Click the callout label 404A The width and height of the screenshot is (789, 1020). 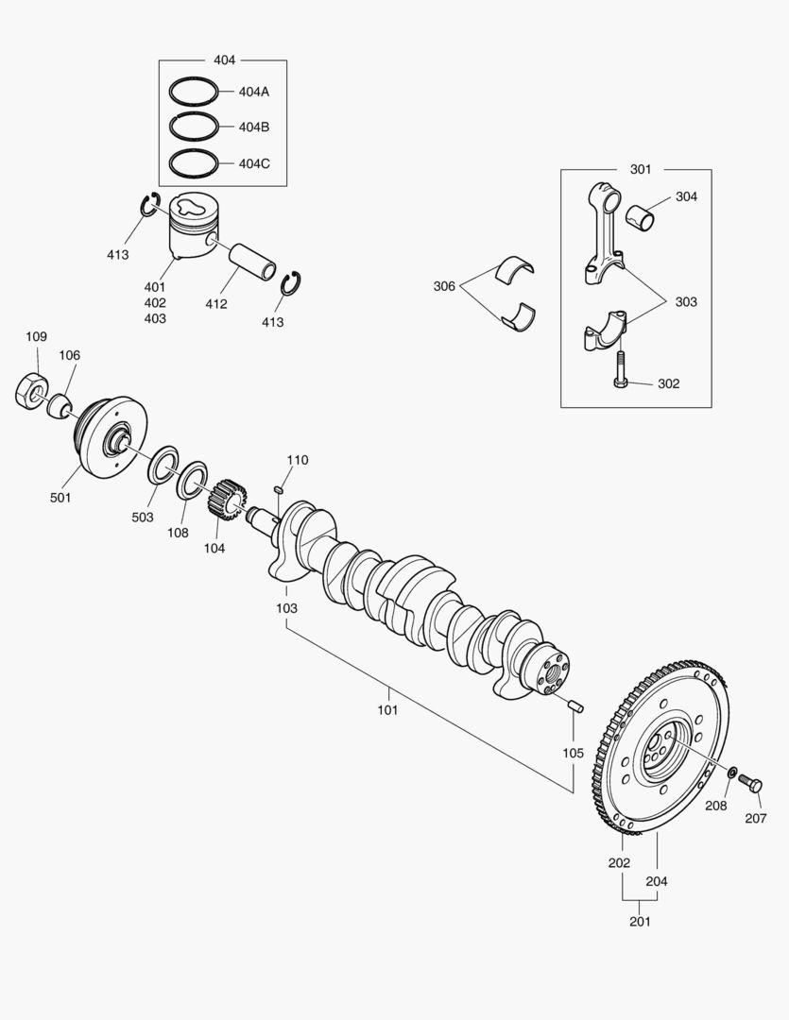click(x=254, y=92)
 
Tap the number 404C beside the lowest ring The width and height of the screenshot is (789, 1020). click(x=254, y=163)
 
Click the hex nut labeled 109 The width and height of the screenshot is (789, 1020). click(x=33, y=390)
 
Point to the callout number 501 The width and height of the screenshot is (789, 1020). click(x=60, y=498)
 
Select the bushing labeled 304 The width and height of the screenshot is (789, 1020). click(x=647, y=216)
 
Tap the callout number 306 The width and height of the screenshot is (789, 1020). click(x=444, y=286)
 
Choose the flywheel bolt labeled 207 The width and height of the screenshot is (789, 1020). click(x=749, y=782)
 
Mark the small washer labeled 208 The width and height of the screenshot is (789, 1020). click(x=732, y=773)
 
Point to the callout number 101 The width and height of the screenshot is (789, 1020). click(x=387, y=708)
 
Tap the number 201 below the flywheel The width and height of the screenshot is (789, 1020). click(x=639, y=921)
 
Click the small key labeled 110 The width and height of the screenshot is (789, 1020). click(x=279, y=488)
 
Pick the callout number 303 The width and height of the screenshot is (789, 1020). click(x=686, y=302)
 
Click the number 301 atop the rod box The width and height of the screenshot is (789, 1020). click(x=640, y=170)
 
